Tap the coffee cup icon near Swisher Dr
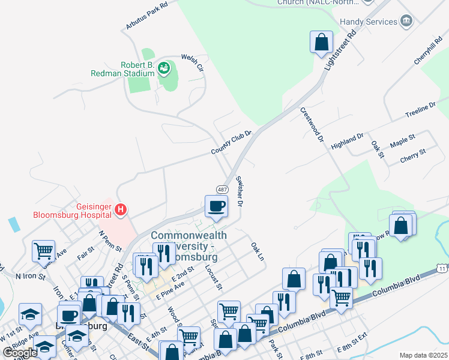pos(216,206)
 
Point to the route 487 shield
pos(221,189)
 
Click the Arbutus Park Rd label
pos(146,15)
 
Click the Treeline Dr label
pos(420,110)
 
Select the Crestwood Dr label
pos(312,124)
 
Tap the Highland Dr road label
pos(348,141)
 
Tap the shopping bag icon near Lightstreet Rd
pos(322,42)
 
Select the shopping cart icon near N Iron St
pos(43,250)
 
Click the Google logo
pos(20,353)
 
